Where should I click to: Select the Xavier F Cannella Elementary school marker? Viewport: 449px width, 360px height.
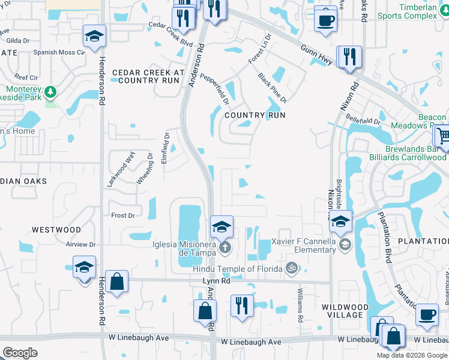click(x=345, y=244)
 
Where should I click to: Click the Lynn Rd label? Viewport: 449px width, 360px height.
click(x=217, y=280)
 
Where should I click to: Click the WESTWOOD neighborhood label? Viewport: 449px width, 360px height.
click(x=56, y=230)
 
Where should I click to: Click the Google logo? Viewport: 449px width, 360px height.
click(x=20, y=352)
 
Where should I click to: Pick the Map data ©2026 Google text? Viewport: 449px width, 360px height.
click(x=411, y=355)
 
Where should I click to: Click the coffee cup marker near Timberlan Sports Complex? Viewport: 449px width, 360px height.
click(x=325, y=20)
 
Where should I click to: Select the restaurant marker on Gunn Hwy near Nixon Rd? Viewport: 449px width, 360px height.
click(x=349, y=58)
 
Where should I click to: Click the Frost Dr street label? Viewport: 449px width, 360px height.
click(x=122, y=215)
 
